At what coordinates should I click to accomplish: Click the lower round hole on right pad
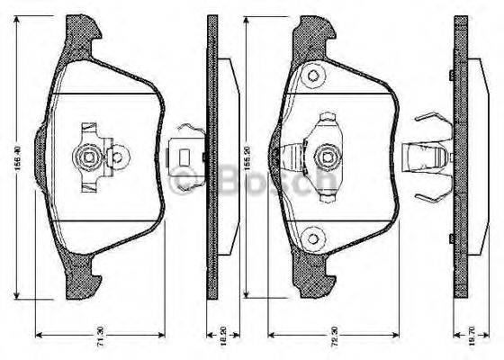[x=314, y=238]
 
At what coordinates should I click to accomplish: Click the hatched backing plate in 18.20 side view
[x=212, y=162]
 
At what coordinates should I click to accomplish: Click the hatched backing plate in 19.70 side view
[x=463, y=162]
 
